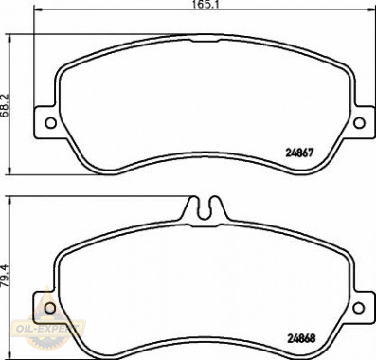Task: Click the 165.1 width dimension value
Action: [x=206, y=5]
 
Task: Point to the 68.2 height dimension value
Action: [x=6, y=105]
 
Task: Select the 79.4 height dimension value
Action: [x=6, y=276]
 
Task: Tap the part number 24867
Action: [x=299, y=153]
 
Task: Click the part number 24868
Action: [x=301, y=339]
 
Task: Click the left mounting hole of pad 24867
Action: [x=51, y=123]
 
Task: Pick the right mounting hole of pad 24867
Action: [x=359, y=123]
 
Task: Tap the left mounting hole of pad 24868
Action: [x=50, y=308]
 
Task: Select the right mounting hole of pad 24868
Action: [x=358, y=308]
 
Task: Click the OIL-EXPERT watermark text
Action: [x=45, y=329]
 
